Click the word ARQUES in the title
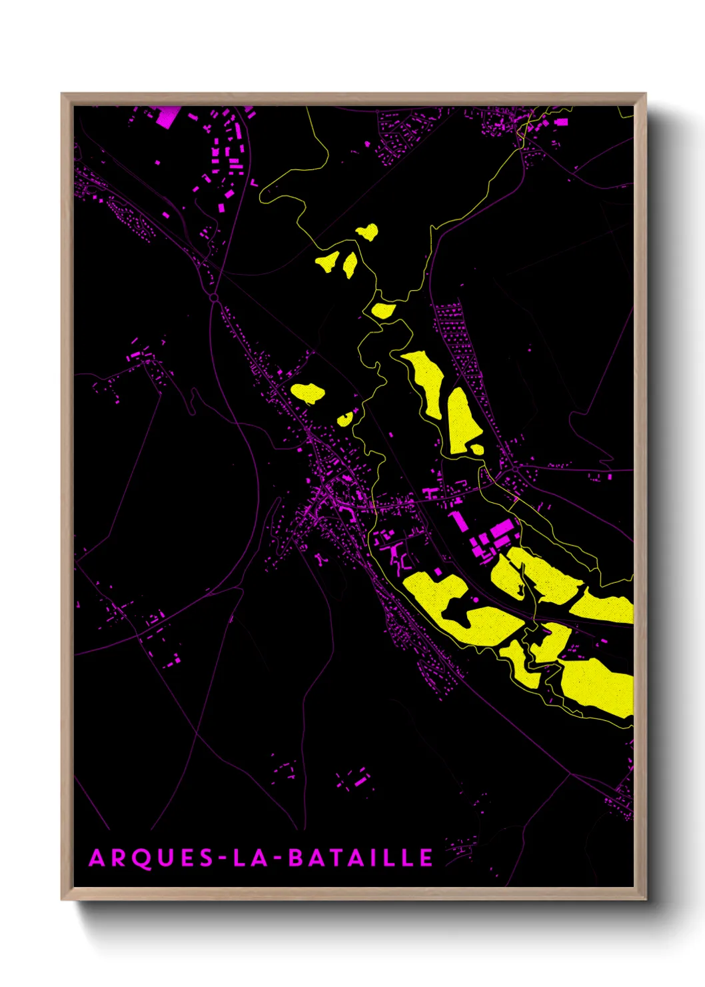151,858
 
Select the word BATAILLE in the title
360,858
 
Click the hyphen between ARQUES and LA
223,858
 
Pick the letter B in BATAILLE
295,858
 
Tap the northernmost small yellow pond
367,232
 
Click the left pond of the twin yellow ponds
327,262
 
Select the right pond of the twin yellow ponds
350,264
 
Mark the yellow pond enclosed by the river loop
383,310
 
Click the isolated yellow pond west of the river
308,393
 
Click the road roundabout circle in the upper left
214,297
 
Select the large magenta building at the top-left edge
167,115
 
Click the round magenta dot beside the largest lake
476,600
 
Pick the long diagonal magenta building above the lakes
456,521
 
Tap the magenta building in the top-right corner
561,122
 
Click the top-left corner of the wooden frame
63,95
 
